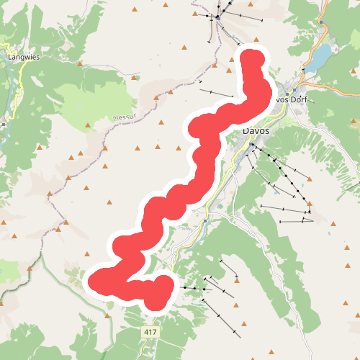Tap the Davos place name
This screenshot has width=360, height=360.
tap(256, 131)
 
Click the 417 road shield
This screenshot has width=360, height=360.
tap(150, 331)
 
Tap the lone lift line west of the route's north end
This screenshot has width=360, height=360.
tap(216, 94)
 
